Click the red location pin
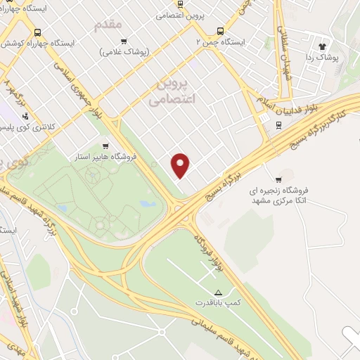[181, 165]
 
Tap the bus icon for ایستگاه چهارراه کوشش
[37, 32]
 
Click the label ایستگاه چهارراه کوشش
[41, 43]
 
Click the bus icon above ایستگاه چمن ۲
[221, 31]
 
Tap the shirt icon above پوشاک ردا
[324, 45]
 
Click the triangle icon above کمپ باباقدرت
[217, 292]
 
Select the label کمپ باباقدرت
[217, 302]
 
